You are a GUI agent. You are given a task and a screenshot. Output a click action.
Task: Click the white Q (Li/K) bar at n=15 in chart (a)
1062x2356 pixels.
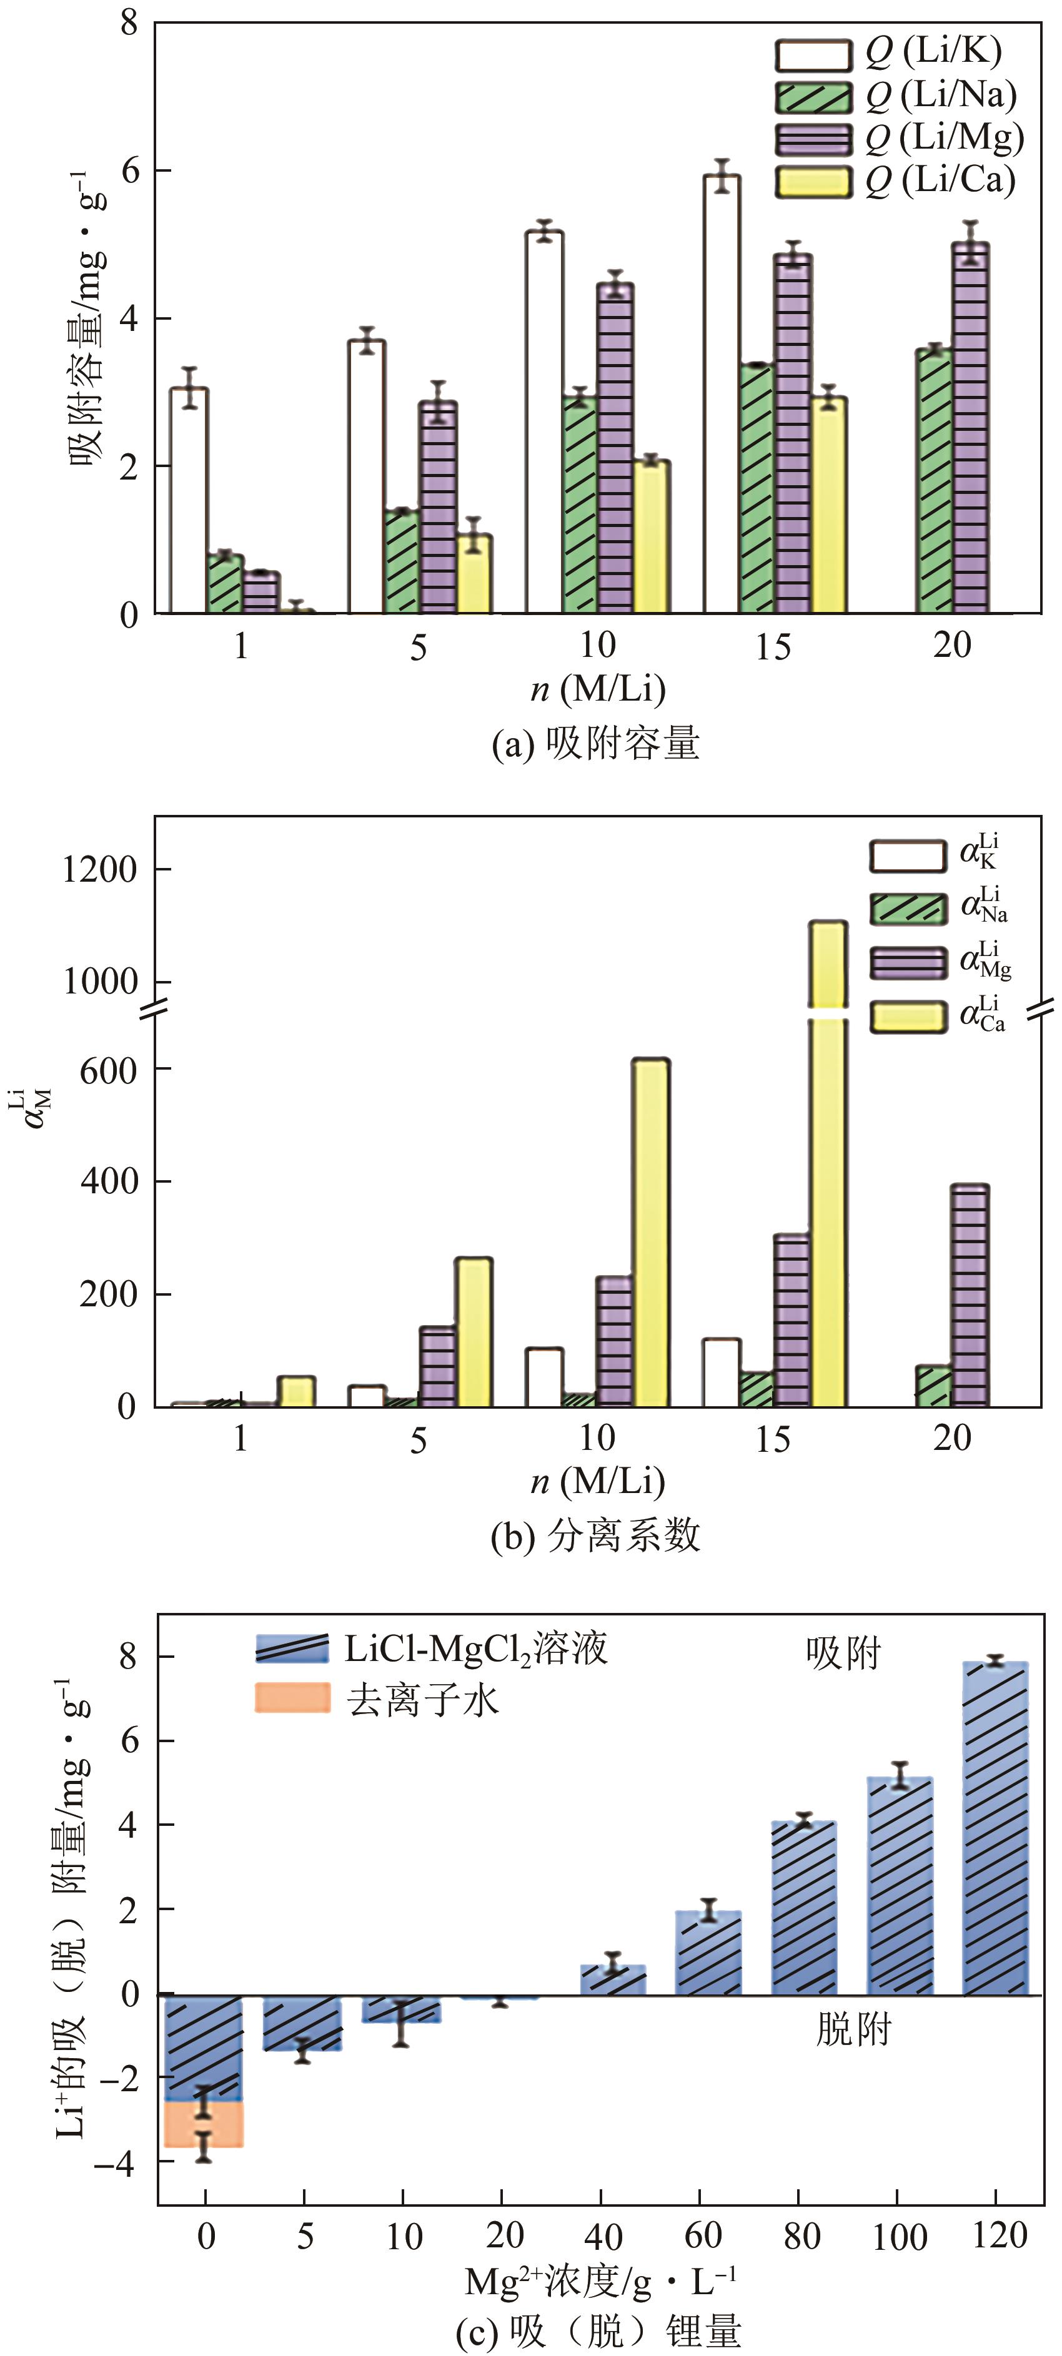click(722, 393)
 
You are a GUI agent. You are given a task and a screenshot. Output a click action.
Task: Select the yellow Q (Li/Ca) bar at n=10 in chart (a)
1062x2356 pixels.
click(652, 537)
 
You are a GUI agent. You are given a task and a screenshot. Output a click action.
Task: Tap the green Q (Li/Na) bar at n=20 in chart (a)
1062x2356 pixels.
click(934, 480)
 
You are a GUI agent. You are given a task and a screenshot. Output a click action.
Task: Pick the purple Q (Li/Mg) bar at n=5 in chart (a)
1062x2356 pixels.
click(438, 508)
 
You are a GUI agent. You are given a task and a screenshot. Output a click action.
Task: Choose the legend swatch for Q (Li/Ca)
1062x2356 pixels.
click(812, 181)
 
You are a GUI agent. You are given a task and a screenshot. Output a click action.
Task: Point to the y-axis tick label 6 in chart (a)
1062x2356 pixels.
click(129, 171)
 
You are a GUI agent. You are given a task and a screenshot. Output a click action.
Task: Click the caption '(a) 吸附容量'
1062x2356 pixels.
click(595, 742)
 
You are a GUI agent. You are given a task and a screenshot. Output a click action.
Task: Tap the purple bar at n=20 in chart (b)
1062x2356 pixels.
click(970, 1295)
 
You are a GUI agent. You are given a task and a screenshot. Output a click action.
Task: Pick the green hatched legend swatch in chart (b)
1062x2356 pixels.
click(908, 908)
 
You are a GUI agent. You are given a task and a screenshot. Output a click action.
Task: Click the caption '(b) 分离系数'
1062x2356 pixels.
click(595, 1535)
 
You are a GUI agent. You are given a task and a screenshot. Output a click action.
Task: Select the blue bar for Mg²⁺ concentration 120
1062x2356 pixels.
click(995, 1829)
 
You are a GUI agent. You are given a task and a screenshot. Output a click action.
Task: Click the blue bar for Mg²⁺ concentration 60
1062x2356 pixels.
click(708, 1954)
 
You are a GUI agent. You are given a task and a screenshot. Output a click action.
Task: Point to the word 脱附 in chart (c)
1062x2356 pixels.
click(853, 2029)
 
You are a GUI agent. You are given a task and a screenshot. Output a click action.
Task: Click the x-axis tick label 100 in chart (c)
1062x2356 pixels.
click(898, 2237)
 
